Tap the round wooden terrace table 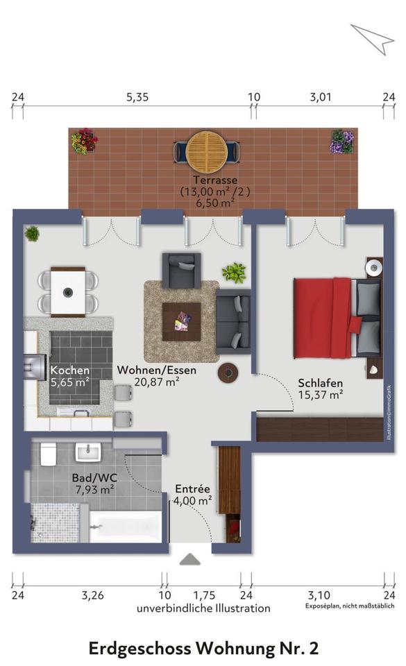pos(207,151)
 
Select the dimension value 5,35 pos(137,97)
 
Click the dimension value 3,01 pos(320,97)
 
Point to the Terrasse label pos(215,180)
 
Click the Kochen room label pos(69,370)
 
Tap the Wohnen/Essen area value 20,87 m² pos(157,382)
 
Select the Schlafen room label pos(320,383)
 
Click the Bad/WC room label pos(94,478)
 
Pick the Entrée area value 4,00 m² pos(193,501)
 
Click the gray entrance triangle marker pos(190,559)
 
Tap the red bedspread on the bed pos(325,317)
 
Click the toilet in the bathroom pos(49,454)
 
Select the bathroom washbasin pos(88,452)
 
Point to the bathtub pos(126,527)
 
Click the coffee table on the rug pos(181,321)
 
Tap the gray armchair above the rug pos(181,271)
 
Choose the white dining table pos(68,292)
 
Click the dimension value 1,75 pos(204,595)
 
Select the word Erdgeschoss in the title pos(139,649)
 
